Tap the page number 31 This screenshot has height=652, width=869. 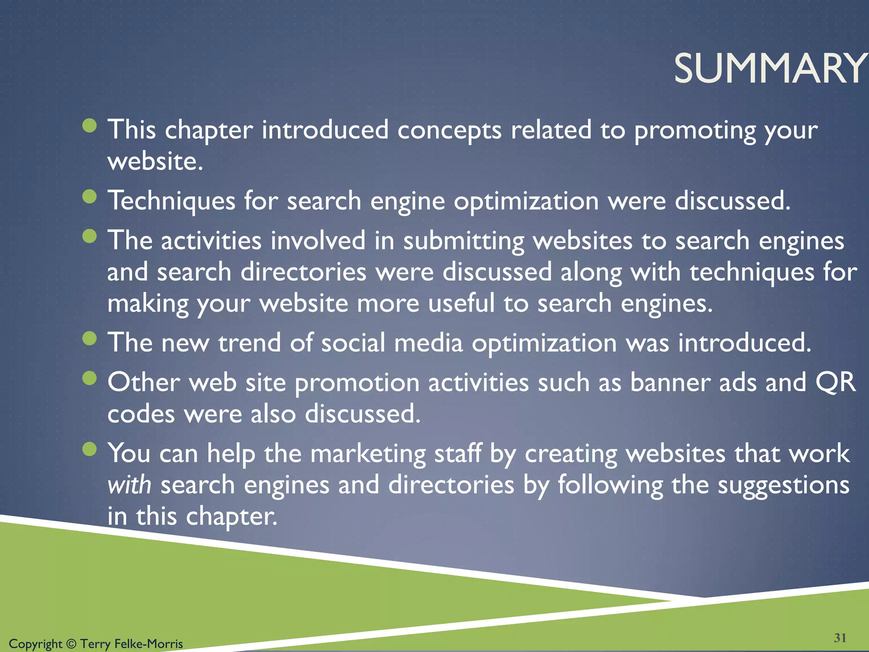pos(840,638)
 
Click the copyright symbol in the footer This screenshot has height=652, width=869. pos(71,644)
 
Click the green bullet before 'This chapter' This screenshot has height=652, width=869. pos(90,126)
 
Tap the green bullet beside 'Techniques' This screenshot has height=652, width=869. pos(90,197)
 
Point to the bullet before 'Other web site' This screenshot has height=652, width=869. pos(90,378)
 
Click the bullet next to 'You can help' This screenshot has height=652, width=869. pos(90,449)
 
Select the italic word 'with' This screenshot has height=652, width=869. pos(129,485)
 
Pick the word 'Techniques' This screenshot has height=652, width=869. pos(171,200)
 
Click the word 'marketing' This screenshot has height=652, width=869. pos(368,453)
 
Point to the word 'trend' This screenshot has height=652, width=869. pos(249,343)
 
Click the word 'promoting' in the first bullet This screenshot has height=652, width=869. pos(695,130)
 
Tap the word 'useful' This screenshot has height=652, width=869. pos(461,303)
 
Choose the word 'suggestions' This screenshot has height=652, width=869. pos(783,485)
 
